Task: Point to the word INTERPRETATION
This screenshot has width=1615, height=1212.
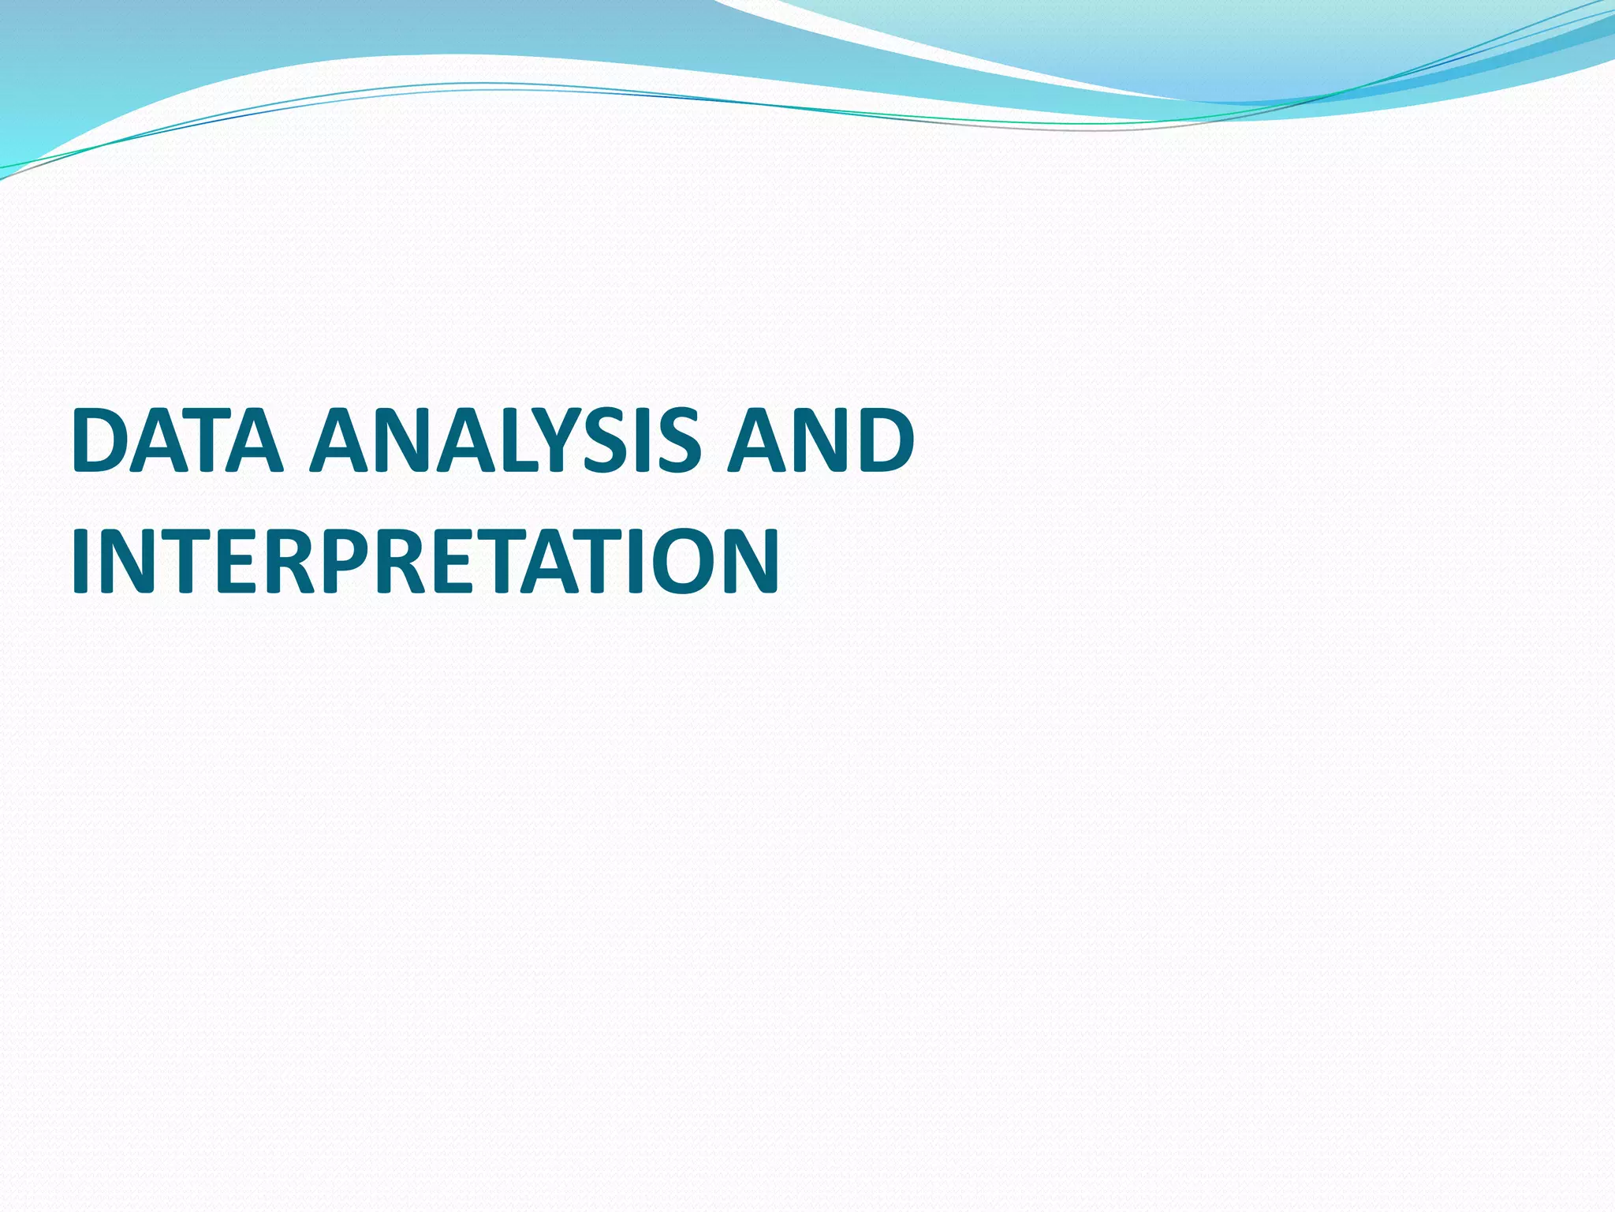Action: [426, 561]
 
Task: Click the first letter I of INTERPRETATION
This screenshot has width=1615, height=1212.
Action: [79, 561]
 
